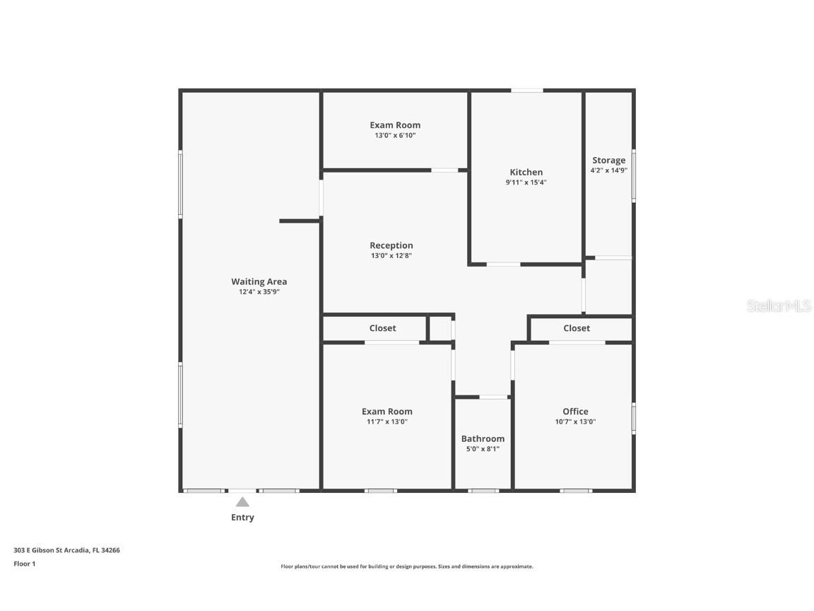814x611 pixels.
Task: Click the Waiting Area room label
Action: [259, 281]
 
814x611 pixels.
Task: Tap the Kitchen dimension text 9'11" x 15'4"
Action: [526, 182]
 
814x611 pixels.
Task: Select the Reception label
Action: [391, 245]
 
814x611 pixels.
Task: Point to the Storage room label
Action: [608, 161]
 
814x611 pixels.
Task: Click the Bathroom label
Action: [483, 438]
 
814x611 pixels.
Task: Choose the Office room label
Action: [575, 412]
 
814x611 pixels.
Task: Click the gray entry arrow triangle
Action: [242, 502]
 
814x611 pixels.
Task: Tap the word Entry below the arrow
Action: [242, 518]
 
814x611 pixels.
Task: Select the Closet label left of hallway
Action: [382, 328]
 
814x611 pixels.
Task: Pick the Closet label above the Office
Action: [577, 328]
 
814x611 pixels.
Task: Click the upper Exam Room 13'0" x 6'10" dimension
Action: [395, 135]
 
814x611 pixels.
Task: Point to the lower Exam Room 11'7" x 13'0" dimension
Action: [387, 421]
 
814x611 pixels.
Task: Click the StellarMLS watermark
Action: [779, 305]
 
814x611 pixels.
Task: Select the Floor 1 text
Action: [24, 564]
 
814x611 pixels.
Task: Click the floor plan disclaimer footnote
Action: [407, 566]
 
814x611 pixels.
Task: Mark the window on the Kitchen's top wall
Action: [527, 91]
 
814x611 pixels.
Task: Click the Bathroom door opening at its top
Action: [493, 397]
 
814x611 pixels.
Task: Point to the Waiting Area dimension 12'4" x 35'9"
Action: [259, 291]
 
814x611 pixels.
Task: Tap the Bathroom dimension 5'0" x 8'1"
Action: [483, 448]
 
